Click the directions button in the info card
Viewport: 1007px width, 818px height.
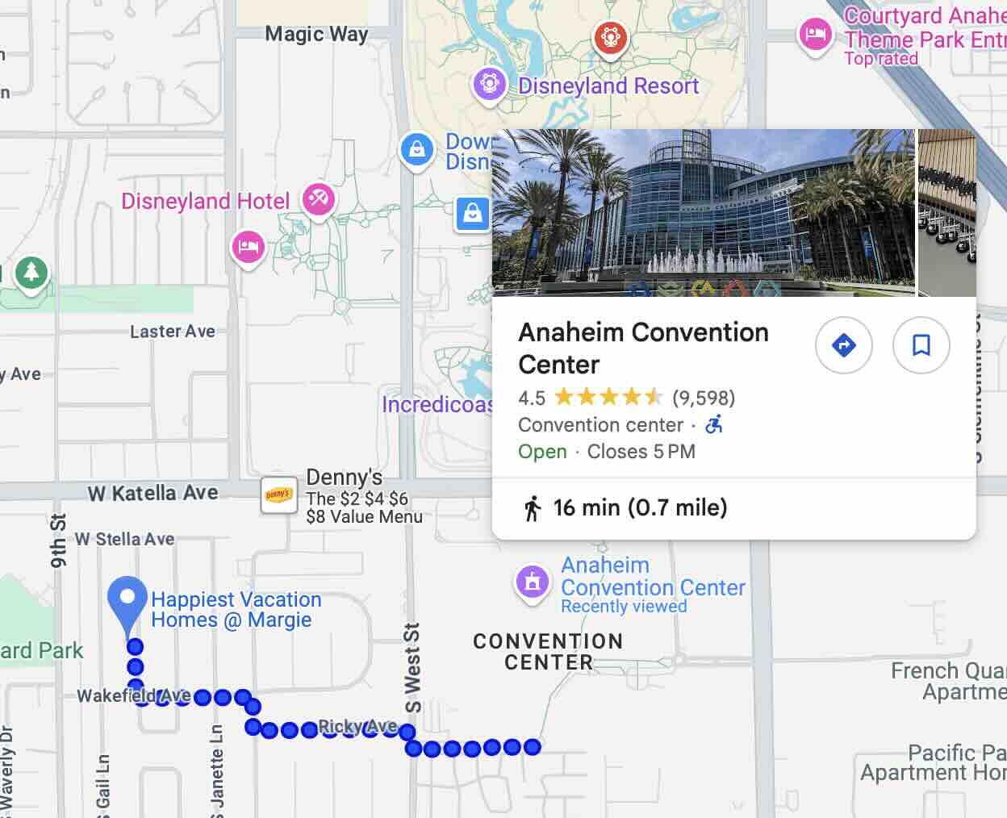click(843, 345)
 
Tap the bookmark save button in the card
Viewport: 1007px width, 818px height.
click(921, 345)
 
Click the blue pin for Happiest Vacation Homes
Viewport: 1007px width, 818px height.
click(127, 600)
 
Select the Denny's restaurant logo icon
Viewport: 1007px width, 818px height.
click(278, 495)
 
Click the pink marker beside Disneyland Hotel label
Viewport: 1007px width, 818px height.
click(319, 198)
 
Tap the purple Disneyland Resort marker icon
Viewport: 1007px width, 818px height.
click(489, 84)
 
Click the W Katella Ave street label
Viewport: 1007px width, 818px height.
click(153, 493)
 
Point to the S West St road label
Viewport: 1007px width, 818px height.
click(412, 668)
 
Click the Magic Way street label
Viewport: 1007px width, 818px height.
click(316, 34)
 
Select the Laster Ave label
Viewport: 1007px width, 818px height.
click(173, 331)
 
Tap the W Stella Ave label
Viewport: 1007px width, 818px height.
click(125, 539)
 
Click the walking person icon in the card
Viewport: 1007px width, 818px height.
click(532, 508)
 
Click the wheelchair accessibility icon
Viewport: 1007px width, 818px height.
click(714, 424)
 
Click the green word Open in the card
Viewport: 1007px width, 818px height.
click(542, 452)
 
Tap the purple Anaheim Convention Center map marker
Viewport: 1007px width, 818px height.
click(532, 582)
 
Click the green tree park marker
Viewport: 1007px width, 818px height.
click(31, 273)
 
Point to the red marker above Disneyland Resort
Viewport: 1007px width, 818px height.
click(610, 37)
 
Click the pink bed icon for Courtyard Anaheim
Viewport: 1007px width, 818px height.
click(815, 34)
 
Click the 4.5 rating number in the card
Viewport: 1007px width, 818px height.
click(532, 398)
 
